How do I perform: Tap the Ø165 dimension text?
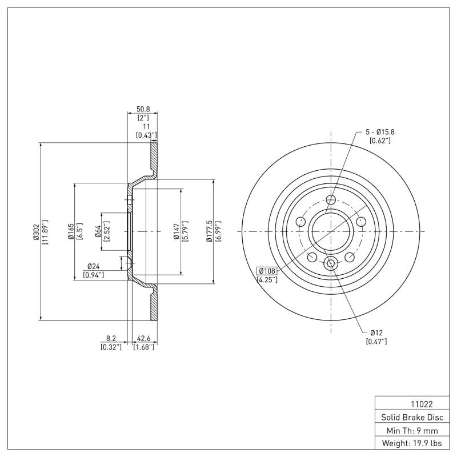70,231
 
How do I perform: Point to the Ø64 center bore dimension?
98,231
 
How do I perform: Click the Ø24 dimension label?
94,266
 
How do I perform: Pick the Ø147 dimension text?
177,231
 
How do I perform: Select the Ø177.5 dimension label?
210,231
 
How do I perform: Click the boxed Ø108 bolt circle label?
267,271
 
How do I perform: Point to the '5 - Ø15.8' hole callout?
380,132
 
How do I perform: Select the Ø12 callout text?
376,332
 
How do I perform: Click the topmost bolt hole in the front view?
331,200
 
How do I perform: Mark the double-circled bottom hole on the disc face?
331,263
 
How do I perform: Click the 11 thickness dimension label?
146,126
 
